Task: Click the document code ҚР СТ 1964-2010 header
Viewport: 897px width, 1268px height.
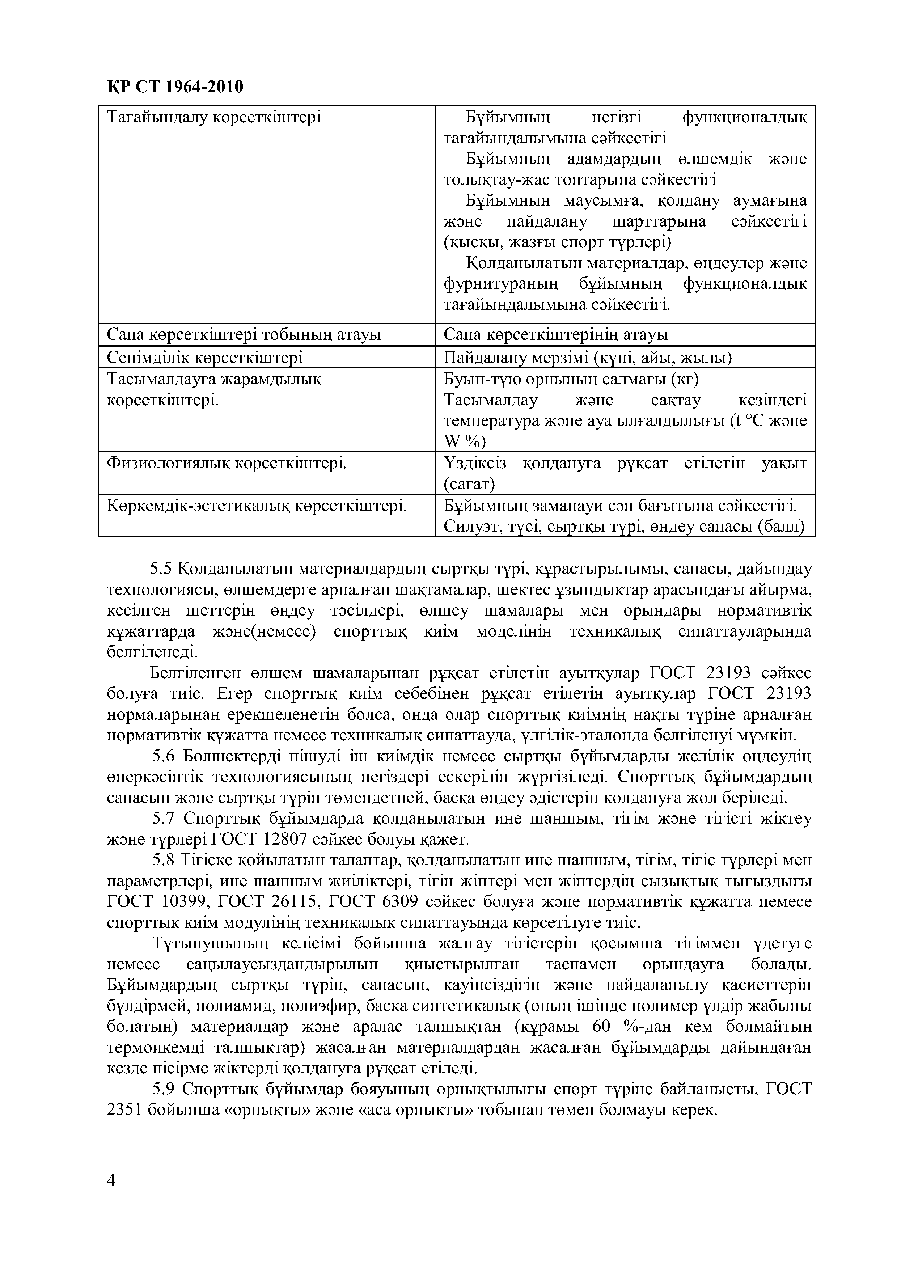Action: (174, 87)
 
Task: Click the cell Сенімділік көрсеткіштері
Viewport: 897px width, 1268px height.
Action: (204, 358)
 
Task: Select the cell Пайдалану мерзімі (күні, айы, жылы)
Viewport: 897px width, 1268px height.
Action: (588, 358)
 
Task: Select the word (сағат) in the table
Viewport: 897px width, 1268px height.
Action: (470, 484)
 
